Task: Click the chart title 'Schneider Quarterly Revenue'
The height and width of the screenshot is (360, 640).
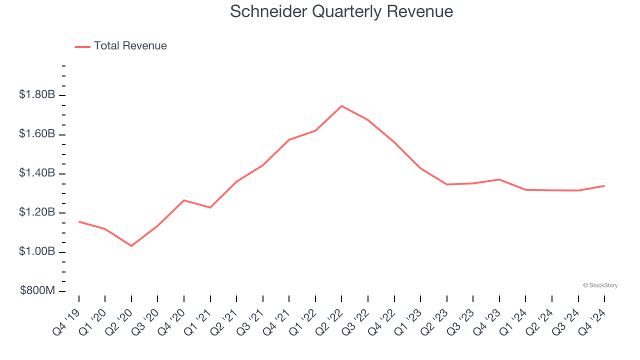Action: tap(341, 11)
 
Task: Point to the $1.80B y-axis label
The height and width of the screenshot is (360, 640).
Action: tap(37, 94)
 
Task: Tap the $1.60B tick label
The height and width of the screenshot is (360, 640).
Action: tap(37, 134)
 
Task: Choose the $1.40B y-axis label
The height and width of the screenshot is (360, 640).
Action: tap(37, 173)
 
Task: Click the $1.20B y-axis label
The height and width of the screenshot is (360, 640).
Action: tap(37, 212)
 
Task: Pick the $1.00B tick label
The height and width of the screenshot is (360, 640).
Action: tap(37, 251)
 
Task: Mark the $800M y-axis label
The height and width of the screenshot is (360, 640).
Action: tap(37, 291)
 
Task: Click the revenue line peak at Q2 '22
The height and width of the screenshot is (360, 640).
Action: tap(341, 106)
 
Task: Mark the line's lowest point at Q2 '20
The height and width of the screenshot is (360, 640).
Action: tap(131, 246)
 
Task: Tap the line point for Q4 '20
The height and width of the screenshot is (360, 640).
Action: tap(184, 200)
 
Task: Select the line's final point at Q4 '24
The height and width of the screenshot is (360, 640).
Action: tap(604, 186)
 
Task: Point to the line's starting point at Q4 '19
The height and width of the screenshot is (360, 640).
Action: tap(79, 221)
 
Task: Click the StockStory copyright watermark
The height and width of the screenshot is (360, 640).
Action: tap(600, 285)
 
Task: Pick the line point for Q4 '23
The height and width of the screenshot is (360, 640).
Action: tap(499, 179)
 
